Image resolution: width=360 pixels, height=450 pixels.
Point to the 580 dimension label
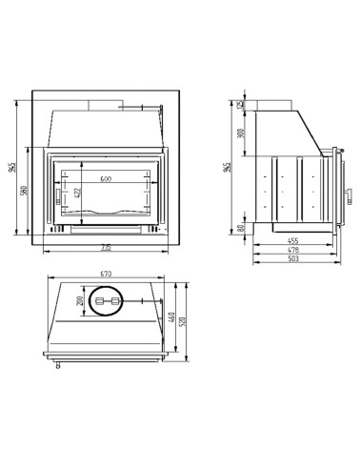pos(24,191)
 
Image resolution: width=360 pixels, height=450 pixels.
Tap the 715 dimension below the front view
pos(105,249)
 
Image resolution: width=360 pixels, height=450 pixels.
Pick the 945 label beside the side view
pos(226,167)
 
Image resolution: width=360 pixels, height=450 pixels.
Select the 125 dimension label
pos(242,104)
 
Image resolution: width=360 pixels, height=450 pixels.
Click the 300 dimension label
pos(242,133)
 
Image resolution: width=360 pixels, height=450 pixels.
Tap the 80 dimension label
pos(242,227)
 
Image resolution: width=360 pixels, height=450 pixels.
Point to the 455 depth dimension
pos(293,241)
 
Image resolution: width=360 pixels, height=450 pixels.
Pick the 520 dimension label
pos(183,321)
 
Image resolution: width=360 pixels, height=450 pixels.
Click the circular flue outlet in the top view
pos(106,302)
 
